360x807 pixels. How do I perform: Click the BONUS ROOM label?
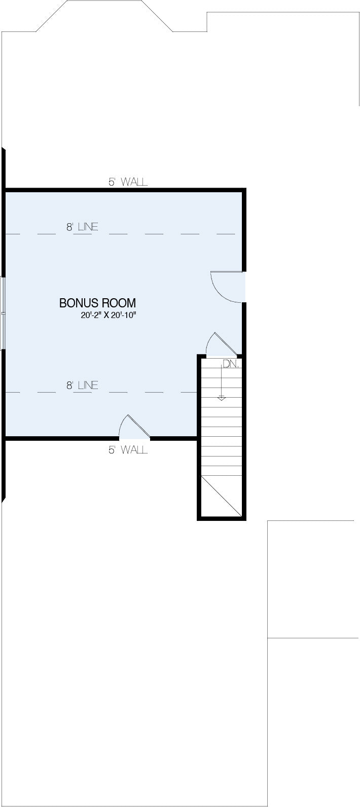[x=97, y=303]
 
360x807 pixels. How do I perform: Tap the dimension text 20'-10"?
[x=125, y=315]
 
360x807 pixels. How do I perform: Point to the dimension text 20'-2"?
[x=92, y=315]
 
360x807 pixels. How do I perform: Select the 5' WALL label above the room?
[x=128, y=182]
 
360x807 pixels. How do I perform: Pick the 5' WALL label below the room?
[x=128, y=449]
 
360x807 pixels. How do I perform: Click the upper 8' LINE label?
[x=82, y=227]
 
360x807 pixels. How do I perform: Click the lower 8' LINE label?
[x=82, y=385]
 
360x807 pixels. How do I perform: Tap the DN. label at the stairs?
[x=231, y=364]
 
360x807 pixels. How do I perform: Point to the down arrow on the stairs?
[x=221, y=382]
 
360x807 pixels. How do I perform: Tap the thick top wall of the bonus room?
[x=125, y=190]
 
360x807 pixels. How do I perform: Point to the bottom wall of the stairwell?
[x=222, y=518]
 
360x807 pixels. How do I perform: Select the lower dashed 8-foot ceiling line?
[x=101, y=392]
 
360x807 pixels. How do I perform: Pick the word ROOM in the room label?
[x=120, y=303]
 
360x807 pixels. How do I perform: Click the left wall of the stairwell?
[x=199, y=437]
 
